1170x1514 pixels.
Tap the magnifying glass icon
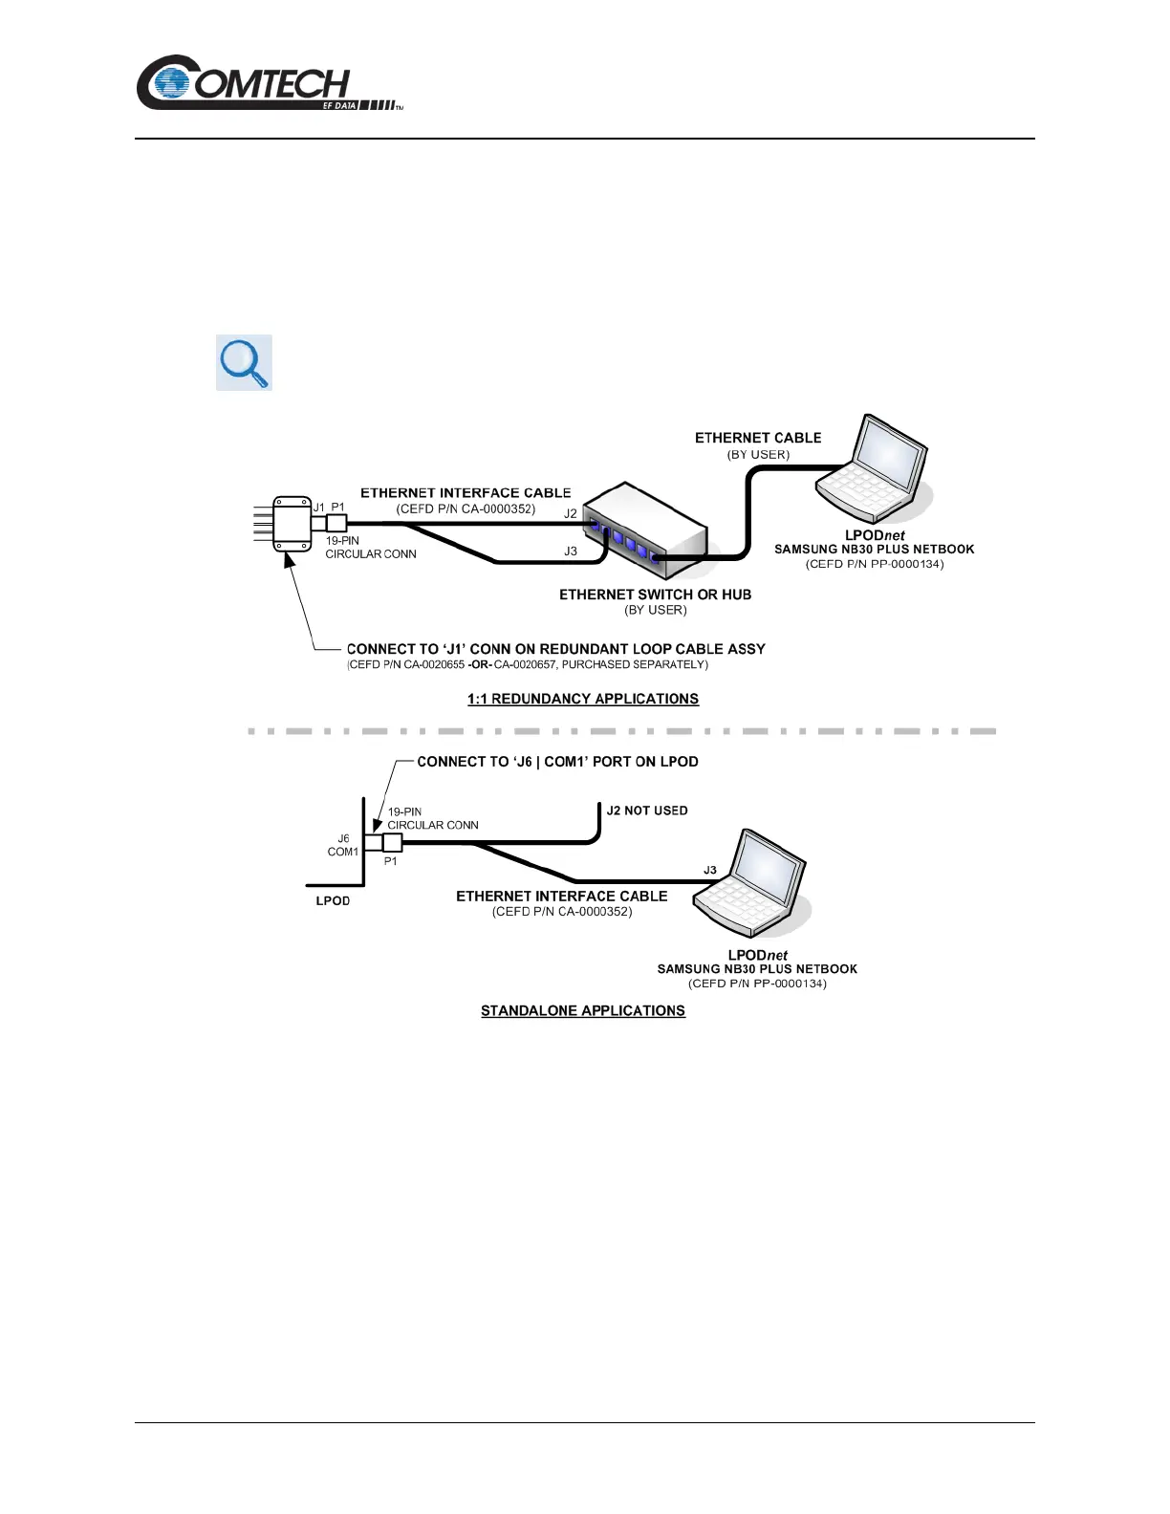coord(244,362)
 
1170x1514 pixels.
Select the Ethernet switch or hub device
coord(645,530)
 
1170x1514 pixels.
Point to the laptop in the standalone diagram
coord(751,884)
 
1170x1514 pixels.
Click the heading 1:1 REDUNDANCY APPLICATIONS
coord(583,699)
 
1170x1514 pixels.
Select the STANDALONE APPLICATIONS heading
coord(583,1010)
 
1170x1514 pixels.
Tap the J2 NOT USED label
coord(647,811)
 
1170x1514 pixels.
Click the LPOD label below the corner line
coord(333,900)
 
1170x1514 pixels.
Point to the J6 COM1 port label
coord(343,845)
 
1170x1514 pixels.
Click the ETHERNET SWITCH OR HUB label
coord(655,595)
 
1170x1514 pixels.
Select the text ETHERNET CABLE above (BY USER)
coord(758,438)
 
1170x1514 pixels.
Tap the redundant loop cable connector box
coord(292,524)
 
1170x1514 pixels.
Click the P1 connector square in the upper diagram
coord(336,523)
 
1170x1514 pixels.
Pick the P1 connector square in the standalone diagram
coord(392,842)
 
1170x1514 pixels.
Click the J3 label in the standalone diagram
coord(710,870)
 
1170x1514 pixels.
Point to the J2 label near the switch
coord(571,513)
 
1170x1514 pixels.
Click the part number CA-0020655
coord(434,664)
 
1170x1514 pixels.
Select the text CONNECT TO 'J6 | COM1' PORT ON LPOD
coord(557,762)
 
